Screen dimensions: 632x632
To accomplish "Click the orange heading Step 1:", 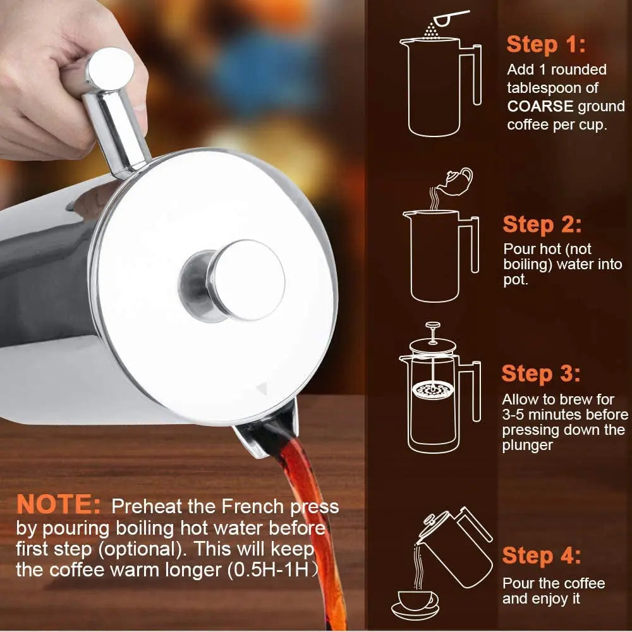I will coord(545,44).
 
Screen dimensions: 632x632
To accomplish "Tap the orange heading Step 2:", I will coord(542,224).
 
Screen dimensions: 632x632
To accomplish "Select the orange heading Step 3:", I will coord(540,374).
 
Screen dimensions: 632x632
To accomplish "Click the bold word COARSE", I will coord(540,106).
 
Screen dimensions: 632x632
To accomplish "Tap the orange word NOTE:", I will coord(58,504).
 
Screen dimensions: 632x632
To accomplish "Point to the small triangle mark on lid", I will coord(260,390).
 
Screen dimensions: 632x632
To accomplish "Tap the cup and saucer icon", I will coord(416,602).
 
